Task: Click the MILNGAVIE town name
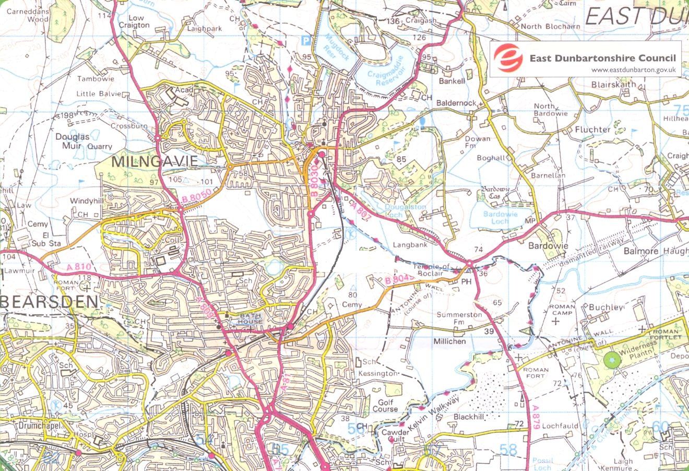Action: [155, 161]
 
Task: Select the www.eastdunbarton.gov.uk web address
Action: [634, 70]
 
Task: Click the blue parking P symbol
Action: [306, 40]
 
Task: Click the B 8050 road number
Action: [197, 198]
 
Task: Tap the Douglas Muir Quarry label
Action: [84, 142]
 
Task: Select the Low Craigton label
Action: [134, 21]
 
